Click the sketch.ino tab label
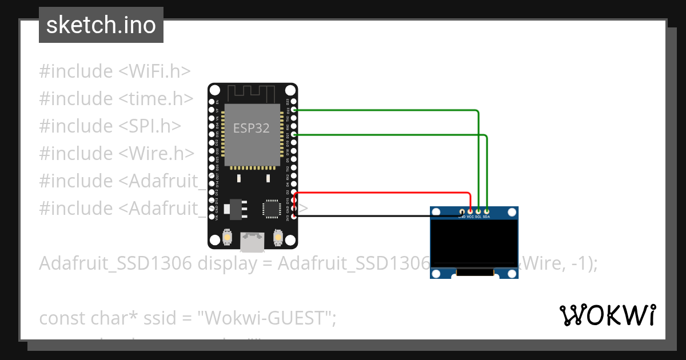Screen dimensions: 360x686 (x=101, y=25)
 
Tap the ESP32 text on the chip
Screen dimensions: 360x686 (x=251, y=128)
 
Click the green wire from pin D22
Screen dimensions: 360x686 (x=389, y=109)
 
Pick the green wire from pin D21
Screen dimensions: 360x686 (x=389, y=135)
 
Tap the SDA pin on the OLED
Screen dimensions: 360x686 (x=486, y=212)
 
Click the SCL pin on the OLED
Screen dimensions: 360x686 (x=478, y=212)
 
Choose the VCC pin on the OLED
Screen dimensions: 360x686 (x=470, y=212)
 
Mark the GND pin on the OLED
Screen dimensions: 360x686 (x=462, y=212)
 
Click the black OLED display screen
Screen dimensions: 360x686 (x=474, y=243)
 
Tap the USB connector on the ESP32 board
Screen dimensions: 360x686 (x=252, y=241)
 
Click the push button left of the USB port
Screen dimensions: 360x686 (x=228, y=237)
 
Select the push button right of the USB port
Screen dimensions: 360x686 (x=278, y=237)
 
